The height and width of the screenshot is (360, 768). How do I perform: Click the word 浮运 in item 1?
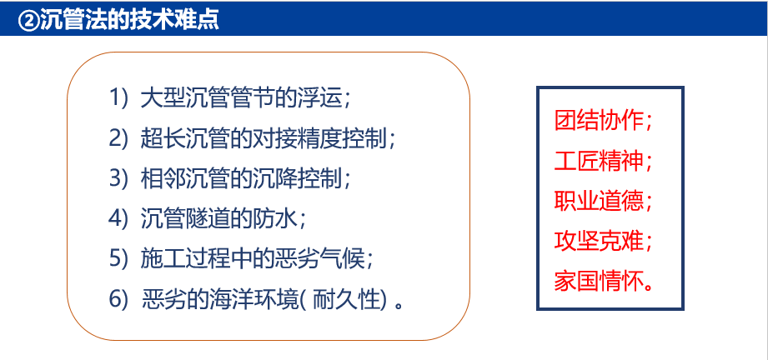click(x=318, y=97)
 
